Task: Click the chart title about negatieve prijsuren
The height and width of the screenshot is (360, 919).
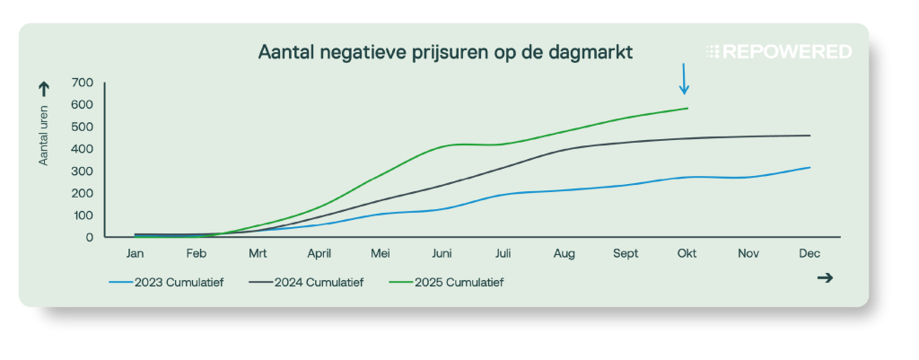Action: (445, 52)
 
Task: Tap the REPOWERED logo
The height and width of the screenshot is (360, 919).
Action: (778, 52)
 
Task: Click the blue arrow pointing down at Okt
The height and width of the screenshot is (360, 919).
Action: (684, 79)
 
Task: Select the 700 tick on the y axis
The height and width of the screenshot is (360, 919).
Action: (83, 83)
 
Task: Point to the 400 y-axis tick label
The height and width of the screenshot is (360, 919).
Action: (83, 149)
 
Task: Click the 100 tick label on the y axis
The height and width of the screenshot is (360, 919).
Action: (83, 215)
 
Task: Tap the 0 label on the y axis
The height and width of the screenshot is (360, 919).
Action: (90, 238)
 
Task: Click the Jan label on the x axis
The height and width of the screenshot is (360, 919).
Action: (136, 254)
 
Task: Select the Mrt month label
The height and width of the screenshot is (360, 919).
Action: (258, 254)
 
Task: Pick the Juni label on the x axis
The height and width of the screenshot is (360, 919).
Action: (442, 254)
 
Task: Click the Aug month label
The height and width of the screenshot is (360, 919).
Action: (565, 254)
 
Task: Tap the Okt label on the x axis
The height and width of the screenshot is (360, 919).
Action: (687, 254)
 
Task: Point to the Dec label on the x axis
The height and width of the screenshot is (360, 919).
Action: (810, 254)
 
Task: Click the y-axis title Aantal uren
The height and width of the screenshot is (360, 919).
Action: (43, 136)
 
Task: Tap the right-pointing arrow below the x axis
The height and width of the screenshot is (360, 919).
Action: (825, 278)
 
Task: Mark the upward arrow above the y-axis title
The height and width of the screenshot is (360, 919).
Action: (43, 88)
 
